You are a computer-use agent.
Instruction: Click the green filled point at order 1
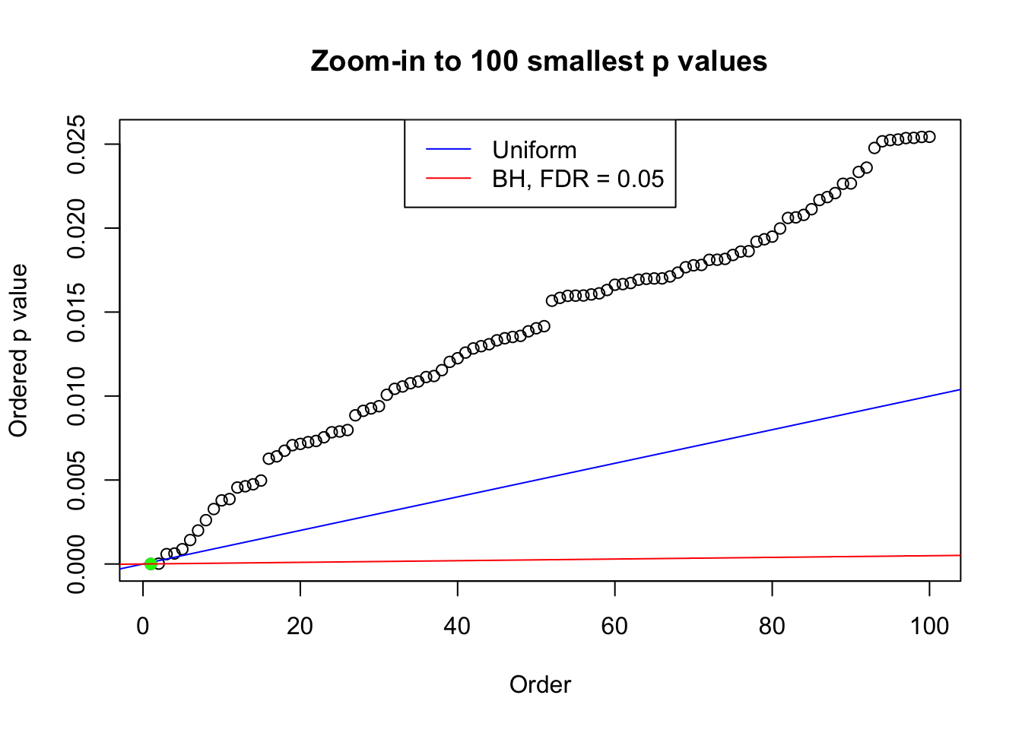pyautogui.click(x=151, y=563)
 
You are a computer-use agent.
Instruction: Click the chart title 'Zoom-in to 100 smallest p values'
pyautogui.click(x=538, y=61)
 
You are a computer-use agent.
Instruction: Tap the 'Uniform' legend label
pyautogui.click(x=534, y=150)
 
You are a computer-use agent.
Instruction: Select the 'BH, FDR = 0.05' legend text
pyautogui.click(x=578, y=179)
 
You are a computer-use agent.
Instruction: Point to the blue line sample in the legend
pyautogui.click(x=449, y=150)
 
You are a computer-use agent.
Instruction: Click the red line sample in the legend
pyautogui.click(x=449, y=179)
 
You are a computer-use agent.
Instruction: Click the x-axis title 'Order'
pyautogui.click(x=540, y=684)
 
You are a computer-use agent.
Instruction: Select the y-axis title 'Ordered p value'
pyautogui.click(x=18, y=351)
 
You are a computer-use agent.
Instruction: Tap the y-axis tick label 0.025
pyautogui.click(x=76, y=144)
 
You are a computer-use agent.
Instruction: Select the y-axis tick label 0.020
pyautogui.click(x=76, y=228)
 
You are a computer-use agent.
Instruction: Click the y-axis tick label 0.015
pyautogui.click(x=76, y=313)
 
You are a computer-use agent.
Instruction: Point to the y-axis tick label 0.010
pyautogui.click(x=76, y=396)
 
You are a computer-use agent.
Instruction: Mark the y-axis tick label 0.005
pyautogui.click(x=76, y=480)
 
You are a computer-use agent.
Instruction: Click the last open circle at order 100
pyautogui.click(x=929, y=137)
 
